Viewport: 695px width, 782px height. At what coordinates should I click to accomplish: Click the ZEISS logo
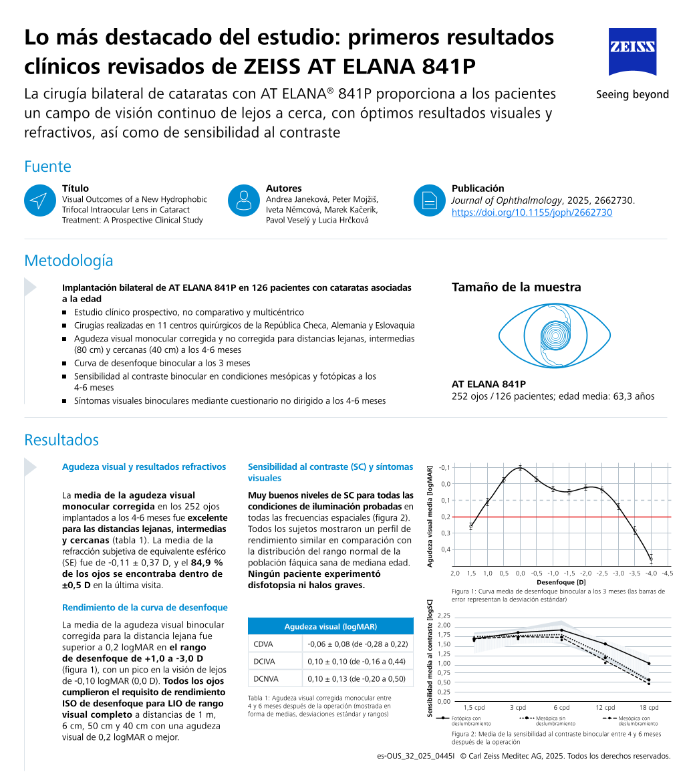(x=632, y=51)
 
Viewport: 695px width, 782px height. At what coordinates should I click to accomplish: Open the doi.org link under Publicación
(x=531, y=213)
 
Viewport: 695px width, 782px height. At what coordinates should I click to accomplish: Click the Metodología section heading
(x=68, y=260)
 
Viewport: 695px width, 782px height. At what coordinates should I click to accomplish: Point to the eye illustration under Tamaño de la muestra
(x=554, y=335)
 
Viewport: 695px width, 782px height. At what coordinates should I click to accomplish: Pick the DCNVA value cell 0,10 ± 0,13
(x=357, y=678)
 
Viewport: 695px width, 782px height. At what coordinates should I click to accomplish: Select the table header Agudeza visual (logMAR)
(x=330, y=626)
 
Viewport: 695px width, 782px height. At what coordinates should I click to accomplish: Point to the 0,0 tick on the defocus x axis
(x=520, y=573)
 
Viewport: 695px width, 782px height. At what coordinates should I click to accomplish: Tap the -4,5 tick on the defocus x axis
(x=667, y=573)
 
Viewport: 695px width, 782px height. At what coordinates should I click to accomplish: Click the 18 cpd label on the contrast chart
(x=648, y=707)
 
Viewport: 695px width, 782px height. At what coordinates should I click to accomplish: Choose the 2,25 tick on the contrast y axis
(x=444, y=616)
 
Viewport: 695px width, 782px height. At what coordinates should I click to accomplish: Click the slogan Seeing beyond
(x=632, y=94)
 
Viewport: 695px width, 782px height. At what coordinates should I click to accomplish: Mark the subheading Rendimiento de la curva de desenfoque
(x=144, y=608)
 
